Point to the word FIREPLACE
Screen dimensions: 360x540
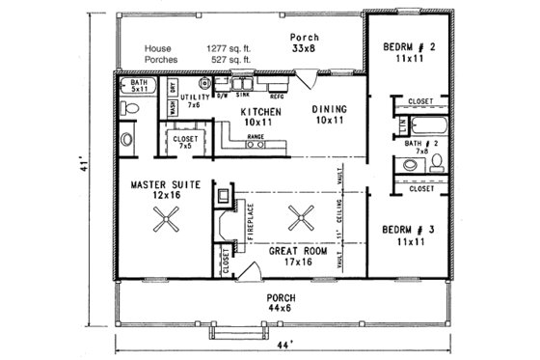[248, 222]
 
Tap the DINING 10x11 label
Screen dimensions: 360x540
[329, 115]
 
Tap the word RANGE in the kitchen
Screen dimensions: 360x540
[256, 138]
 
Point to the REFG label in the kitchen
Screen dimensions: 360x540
[276, 97]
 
